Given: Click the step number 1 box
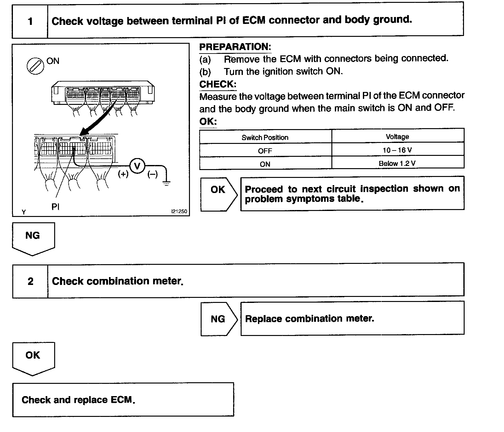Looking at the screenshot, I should click(x=30, y=21).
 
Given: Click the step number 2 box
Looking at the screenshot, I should click(x=30, y=281).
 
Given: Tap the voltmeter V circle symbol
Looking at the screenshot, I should click(x=137, y=166).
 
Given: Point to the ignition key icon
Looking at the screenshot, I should click(x=35, y=66).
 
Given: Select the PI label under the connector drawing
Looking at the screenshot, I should click(x=55, y=207).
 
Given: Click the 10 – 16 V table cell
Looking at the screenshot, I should click(x=397, y=150).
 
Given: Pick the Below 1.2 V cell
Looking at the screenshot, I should click(x=397, y=163).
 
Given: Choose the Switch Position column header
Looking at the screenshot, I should click(x=265, y=138).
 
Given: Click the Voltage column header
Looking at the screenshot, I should click(x=397, y=137).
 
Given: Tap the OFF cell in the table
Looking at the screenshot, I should click(x=265, y=151).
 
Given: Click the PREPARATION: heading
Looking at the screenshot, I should click(x=235, y=47).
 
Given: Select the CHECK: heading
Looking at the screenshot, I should click(x=218, y=84).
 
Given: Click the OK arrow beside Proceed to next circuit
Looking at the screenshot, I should click(x=218, y=194).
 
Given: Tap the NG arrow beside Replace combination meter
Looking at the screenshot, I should click(x=218, y=319).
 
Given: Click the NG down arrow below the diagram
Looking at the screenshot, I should click(x=33, y=238).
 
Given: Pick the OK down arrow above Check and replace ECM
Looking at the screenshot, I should click(x=33, y=358).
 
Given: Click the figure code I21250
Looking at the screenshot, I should click(x=179, y=212).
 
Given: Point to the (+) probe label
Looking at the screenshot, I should click(x=123, y=174).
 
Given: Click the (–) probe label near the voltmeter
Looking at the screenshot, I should click(x=152, y=174).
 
